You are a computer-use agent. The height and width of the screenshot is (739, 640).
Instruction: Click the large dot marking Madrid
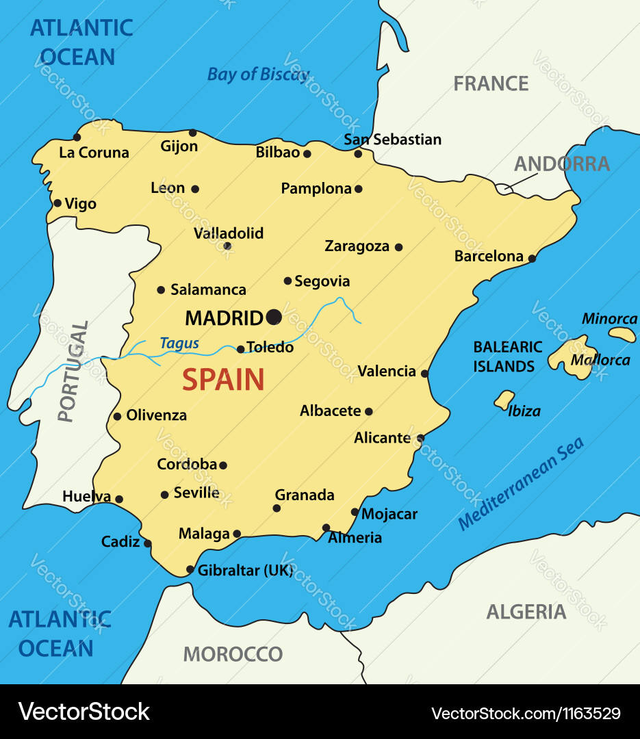(274, 317)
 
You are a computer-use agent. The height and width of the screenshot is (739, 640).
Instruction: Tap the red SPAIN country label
(223, 380)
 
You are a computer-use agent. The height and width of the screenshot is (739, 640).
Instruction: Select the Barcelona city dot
(531, 258)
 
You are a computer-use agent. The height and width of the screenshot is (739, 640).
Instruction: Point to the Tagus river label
(179, 343)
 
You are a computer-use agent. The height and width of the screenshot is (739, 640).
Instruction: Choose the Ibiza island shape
(504, 400)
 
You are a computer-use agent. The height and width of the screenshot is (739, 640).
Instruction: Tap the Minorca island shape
(622, 334)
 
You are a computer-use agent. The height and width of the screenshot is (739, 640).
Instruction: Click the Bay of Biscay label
(258, 75)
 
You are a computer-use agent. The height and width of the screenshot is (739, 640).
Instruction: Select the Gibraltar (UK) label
(245, 570)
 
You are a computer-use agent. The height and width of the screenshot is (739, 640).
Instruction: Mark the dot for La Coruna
(77, 138)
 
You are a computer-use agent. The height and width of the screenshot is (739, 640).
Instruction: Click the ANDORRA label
(561, 164)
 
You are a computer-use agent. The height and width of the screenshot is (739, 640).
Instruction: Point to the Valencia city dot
(424, 374)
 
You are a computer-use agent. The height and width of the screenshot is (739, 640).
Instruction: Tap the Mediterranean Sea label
(521, 483)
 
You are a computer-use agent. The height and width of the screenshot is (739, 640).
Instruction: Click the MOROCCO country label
(233, 654)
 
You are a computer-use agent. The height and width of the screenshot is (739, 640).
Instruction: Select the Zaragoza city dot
(398, 247)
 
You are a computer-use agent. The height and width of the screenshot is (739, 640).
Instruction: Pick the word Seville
(196, 493)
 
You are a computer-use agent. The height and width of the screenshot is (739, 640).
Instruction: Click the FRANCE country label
(491, 83)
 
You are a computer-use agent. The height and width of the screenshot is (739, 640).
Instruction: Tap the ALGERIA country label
(526, 612)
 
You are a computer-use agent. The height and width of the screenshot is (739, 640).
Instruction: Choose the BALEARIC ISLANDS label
(507, 356)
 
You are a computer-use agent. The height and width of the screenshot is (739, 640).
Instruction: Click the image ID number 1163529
(587, 713)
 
